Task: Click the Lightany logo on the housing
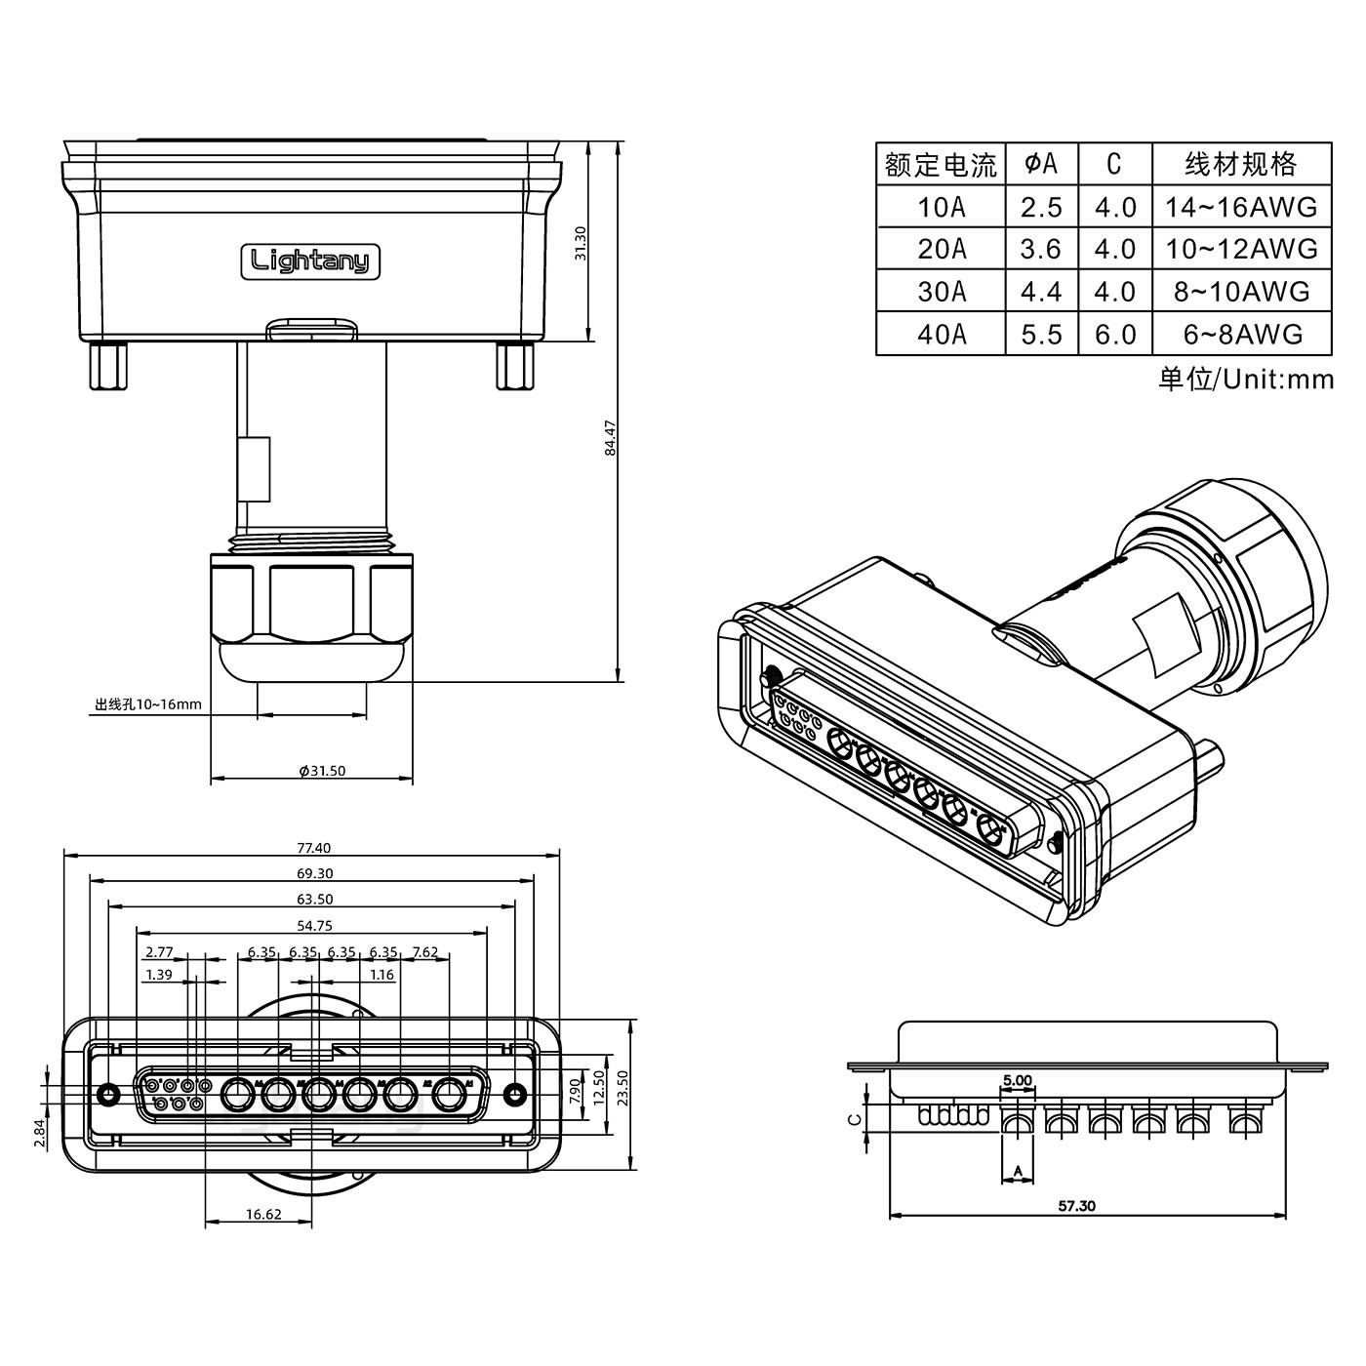(x=310, y=261)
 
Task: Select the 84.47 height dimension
(x=610, y=438)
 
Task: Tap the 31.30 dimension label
(x=581, y=243)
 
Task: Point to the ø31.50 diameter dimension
(x=322, y=771)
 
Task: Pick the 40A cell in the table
(x=942, y=335)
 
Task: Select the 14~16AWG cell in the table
(x=1241, y=207)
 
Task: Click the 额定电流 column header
(x=942, y=164)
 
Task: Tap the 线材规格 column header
(x=1241, y=164)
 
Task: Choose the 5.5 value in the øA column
(x=1041, y=335)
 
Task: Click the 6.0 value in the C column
(x=1115, y=335)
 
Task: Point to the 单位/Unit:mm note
(x=1246, y=379)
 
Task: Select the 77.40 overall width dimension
(x=313, y=848)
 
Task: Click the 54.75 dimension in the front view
(x=313, y=925)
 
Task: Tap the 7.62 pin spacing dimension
(x=425, y=951)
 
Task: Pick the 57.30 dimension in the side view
(x=1076, y=1206)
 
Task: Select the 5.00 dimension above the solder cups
(x=1018, y=1081)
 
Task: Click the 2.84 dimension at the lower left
(x=37, y=1132)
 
